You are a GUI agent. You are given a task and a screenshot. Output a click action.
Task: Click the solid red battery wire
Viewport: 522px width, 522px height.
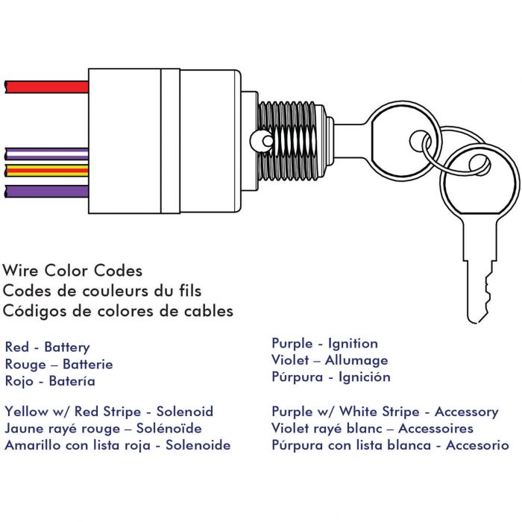pyautogui.click(x=47, y=87)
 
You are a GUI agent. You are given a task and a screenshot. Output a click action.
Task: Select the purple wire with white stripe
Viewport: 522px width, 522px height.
pyautogui.click(x=47, y=154)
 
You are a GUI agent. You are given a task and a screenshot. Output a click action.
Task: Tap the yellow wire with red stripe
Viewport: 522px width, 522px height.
pyautogui.click(x=47, y=171)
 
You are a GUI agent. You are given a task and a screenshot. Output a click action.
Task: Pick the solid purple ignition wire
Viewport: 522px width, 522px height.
pyautogui.click(x=47, y=192)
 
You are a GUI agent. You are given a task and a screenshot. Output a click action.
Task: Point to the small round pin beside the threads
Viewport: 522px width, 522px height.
pyautogui.click(x=267, y=141)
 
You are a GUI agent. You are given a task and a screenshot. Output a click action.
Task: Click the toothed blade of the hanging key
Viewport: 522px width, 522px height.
pyautogui.click(x=479, y=289)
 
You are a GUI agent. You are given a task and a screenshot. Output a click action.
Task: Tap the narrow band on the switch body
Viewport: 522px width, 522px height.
pyautogui.click(x=171, y=141)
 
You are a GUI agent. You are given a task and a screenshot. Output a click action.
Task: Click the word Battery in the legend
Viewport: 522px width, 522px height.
pyautogui.click(x=67, y=348)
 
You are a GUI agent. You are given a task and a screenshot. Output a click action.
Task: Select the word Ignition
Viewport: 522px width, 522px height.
pyautogui.click(x=353, y=344)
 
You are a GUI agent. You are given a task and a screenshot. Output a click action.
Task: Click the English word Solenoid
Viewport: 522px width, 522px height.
pyautogui.click(x=185, y=412)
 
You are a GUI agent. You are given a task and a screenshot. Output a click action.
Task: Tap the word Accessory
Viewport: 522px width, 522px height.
pyautogui.click(x=466, y=412)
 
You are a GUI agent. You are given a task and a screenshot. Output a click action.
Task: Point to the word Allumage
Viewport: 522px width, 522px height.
pyautogui.click(x=356, y=360)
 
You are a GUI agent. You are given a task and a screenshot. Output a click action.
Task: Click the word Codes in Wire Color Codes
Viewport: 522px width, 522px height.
pyautogui.click(x=118, y=271)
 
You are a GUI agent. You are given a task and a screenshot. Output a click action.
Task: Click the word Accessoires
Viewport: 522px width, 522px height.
pyautogui.click(x=435, y=429)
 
